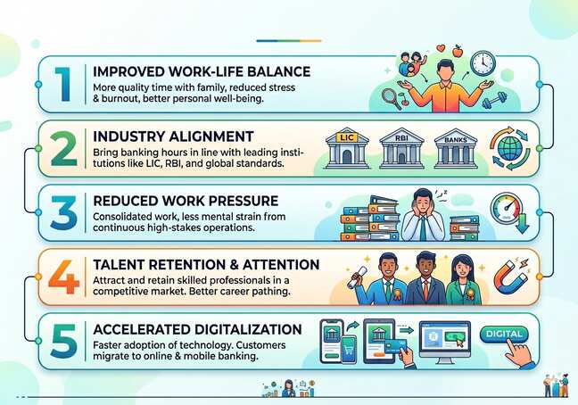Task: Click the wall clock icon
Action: click(x=483, y=62)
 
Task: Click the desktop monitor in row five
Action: click(x=444, y=341)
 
